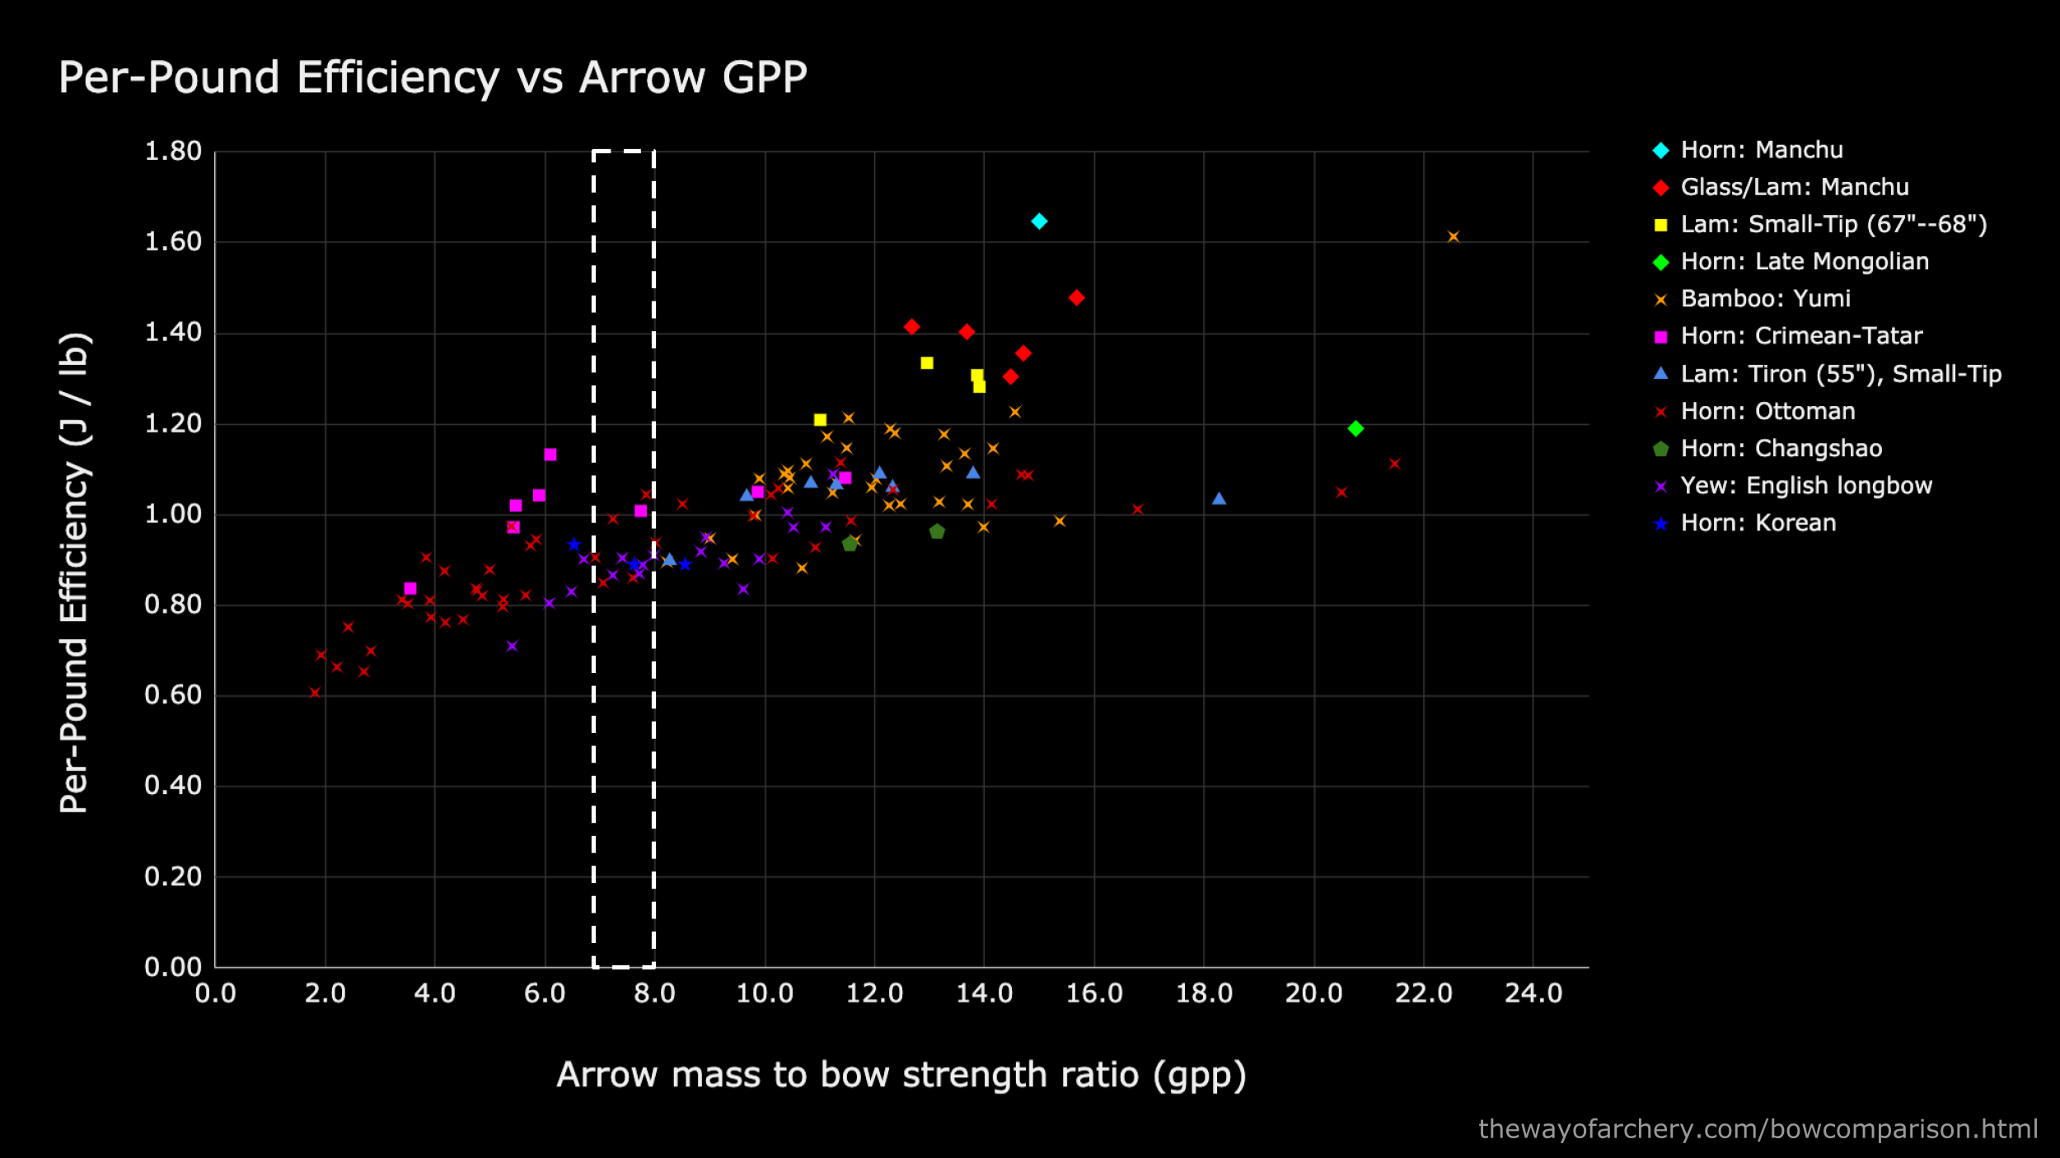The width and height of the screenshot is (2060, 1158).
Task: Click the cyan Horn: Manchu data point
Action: pos(1039,221)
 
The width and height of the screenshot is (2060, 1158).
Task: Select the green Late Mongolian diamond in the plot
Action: pos(1355,428)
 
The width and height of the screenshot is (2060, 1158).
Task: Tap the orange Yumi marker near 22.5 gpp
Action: pos(1454,237)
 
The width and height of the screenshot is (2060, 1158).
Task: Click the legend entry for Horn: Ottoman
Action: pos(1767,411)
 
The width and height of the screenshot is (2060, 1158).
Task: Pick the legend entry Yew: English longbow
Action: pos(1805,486)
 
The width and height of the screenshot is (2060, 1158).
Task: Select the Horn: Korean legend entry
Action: pos(1758,523)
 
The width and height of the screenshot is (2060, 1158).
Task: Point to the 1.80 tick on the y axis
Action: pos(173,152)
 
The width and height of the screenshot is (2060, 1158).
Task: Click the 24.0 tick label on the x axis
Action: pos(1533,993)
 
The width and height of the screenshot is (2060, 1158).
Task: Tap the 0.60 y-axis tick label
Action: pos(173,695)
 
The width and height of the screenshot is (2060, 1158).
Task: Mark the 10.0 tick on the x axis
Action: pos(765,993)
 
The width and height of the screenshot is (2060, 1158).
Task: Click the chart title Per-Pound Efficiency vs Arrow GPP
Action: pos(433,78)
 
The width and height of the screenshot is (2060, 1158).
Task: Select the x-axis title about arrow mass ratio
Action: pos(901,1075)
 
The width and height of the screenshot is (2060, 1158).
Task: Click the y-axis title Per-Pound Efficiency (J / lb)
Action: pos(74,572)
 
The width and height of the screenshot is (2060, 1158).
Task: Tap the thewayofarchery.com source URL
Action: pos(1758,1128)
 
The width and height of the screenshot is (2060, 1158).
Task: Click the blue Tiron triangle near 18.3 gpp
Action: pos(1219,498)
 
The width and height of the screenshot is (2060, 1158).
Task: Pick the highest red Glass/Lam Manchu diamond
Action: pos(1076,297)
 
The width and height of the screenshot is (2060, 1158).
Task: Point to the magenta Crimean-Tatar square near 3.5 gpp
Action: pos(410,588)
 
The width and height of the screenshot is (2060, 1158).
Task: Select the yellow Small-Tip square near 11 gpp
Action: pos(820,420)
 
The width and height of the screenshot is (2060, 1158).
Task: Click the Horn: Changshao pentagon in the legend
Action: pos(1661,449)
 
